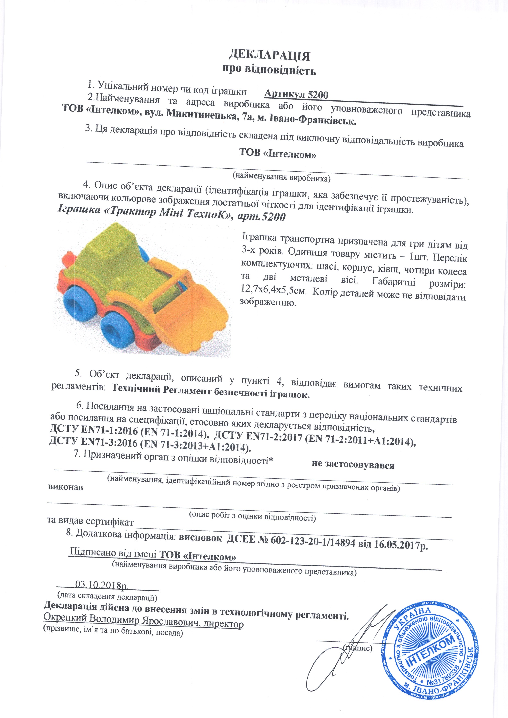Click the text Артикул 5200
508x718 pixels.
(296, 94)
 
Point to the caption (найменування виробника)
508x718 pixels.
(281, 177)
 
